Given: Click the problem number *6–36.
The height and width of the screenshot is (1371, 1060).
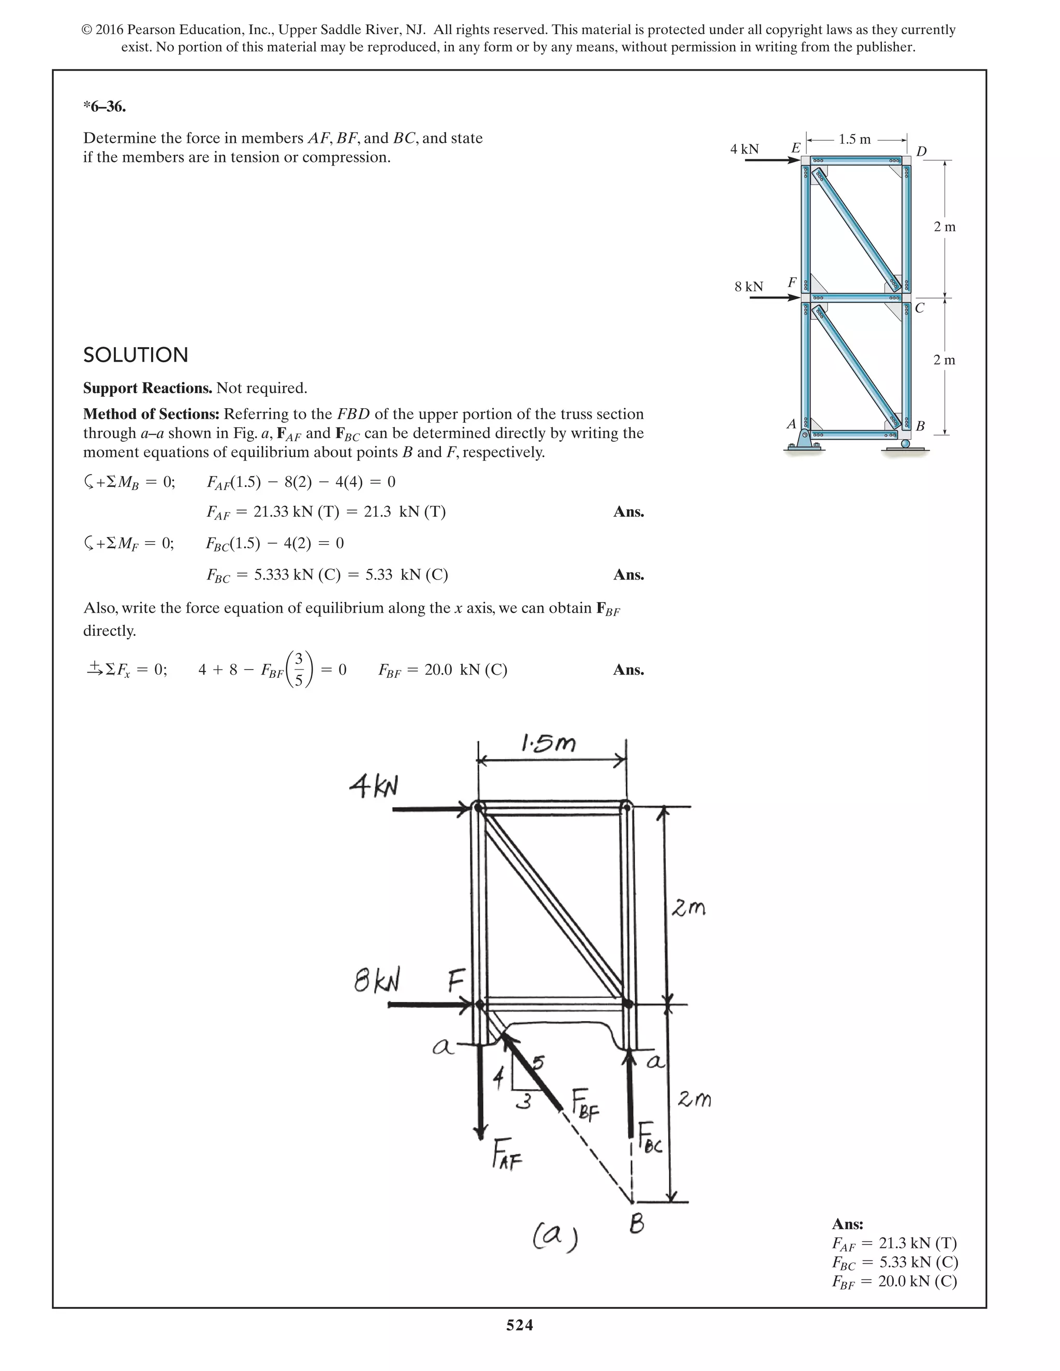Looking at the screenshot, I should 104,107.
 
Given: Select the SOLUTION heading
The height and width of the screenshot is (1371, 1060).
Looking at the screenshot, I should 136,355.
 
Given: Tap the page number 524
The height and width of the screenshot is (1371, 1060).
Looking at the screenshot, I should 519,1324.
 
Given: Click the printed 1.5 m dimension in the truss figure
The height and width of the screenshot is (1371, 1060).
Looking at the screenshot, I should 855,139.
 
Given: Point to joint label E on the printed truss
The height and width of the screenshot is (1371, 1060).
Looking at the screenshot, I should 795,148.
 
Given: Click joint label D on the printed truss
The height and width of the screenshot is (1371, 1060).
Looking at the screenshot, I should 921,151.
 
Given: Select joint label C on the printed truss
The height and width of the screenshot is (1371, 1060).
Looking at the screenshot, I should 920,308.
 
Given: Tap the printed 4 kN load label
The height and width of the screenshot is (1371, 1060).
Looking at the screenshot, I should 744,150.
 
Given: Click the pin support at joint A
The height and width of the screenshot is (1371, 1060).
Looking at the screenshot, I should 804,439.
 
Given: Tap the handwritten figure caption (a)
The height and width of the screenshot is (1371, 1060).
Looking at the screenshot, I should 555,1239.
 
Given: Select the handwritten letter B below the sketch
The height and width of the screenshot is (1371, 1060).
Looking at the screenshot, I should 637,1224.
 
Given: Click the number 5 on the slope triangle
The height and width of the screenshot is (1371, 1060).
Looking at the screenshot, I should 538,1063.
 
